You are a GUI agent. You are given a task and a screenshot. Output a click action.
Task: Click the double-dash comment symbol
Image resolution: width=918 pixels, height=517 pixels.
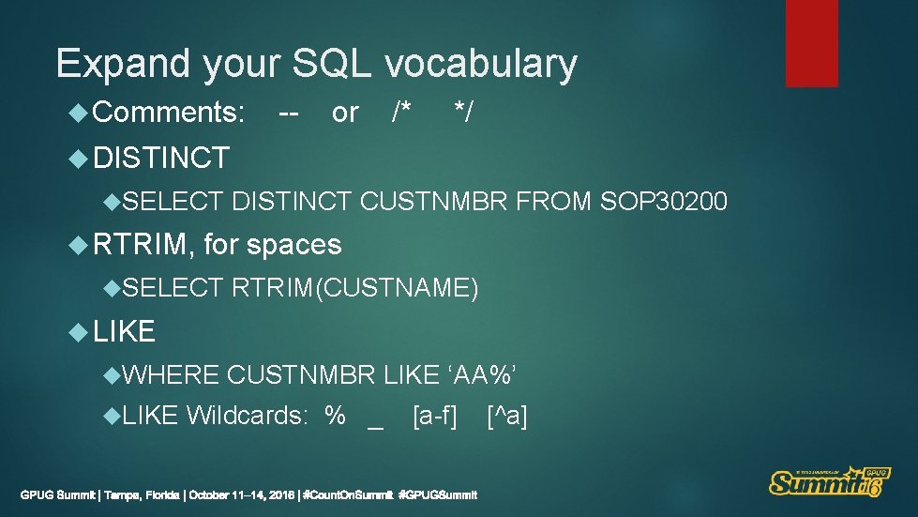pos(289,114)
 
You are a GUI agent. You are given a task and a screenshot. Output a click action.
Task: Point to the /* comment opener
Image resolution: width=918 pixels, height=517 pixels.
pos(401,114)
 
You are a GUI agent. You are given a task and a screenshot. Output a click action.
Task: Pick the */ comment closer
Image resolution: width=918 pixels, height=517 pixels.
pos(463,114)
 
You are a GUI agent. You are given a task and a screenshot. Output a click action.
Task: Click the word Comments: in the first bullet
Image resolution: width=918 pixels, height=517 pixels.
pos(170,114)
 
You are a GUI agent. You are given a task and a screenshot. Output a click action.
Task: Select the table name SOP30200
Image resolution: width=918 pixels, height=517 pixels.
pos(663,200)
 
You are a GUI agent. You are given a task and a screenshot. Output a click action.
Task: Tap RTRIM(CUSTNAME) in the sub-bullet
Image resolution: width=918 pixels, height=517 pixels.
pos(355,288)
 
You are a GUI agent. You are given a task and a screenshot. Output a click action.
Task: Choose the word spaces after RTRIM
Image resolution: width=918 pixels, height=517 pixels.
pos(293,245)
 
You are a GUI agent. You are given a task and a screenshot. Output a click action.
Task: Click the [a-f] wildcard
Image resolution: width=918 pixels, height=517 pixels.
pos(434,415)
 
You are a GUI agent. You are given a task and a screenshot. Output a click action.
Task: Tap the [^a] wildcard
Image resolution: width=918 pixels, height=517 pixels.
pos(507,415)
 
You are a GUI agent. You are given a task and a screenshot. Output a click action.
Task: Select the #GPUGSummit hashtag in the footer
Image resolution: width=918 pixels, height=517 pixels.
pos(438,494)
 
